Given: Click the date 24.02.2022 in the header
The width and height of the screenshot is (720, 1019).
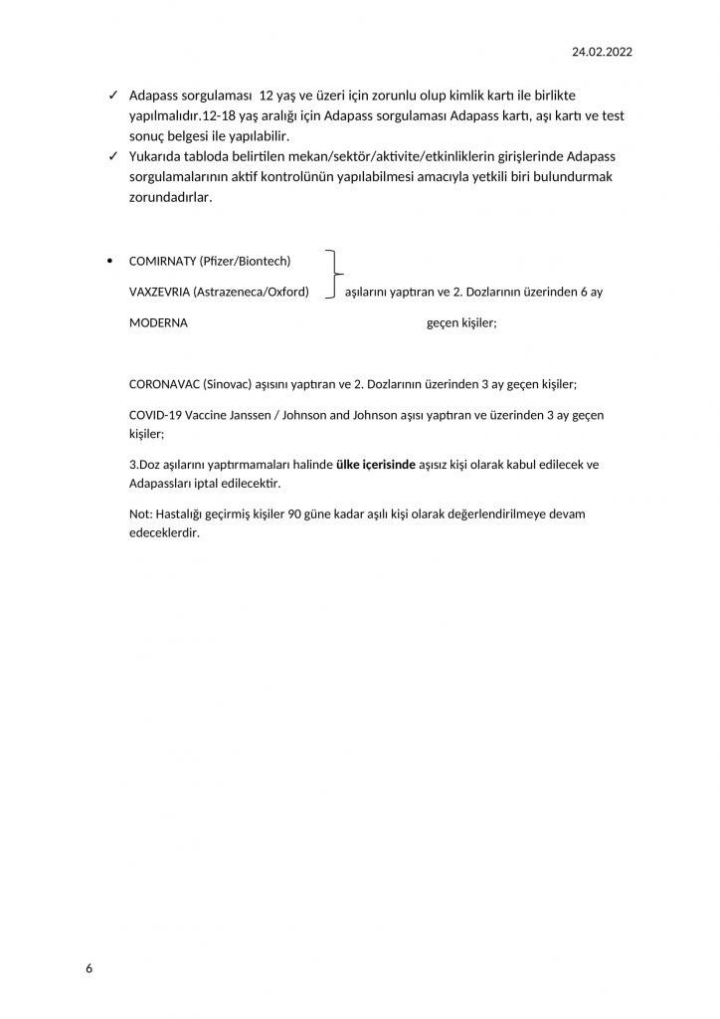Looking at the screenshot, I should pyautogui.click(x=603, y=51).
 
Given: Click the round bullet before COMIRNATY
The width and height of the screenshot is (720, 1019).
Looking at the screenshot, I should pyautogui.click(x=108, y=261).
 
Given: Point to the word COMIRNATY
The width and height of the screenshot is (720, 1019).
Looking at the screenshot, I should pyautogui.click(x=162, y=261).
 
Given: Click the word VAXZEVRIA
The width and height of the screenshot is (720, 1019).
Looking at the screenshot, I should pyautogui.click(x=159, y=292).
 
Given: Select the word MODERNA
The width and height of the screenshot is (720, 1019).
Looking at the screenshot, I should pyautogui.click(x=158, y=323).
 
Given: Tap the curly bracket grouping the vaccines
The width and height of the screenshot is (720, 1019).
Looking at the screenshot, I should pyautogui.click(x=335, y=276).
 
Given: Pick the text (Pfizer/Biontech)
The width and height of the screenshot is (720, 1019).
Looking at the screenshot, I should pyautogui.click(x=245, y=261).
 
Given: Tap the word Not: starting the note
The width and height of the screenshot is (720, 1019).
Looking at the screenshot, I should pyautogui.click(x=140, y=512).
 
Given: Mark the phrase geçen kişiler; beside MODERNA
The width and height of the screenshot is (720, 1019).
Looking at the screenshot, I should pyautogui.click(x=461, y=323).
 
